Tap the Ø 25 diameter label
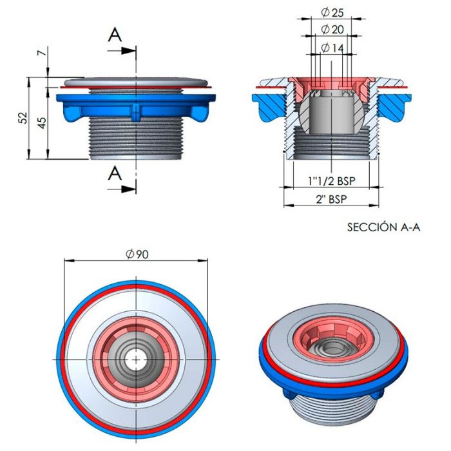333,12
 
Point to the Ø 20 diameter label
333,29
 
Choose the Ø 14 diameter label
333,48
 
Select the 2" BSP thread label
331,199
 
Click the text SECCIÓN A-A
383,227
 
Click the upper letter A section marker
114,35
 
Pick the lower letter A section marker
114,172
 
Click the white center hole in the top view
136,358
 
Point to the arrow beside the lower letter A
126,188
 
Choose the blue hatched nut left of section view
267,107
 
